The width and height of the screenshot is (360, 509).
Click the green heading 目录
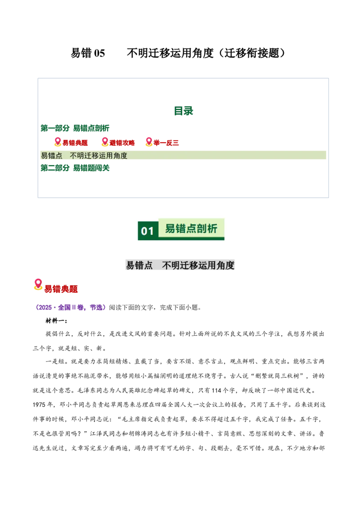pyautogui.click(x=183, y=111)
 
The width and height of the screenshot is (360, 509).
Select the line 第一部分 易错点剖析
pyautogui.click(x=75, y=128)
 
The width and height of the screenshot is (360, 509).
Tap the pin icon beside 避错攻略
pyautogui.click(x=104, y=142)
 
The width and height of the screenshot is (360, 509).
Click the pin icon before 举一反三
pyautogui.click(x=149, y=142)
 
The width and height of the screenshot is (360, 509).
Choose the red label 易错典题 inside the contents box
pyautogui.click(x=75, y=143)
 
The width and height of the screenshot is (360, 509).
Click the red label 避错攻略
pyautogui.click(x=122, y=143)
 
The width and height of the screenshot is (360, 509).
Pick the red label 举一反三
pyautogui.click(x=166, y=143)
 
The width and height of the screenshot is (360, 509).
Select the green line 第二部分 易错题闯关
pyautogui.click(x=75, y=168)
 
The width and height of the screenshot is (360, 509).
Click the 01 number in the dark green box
pyautogui.click(x=148, y=231)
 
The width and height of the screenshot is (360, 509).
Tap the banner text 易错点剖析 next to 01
pyautogui.click(x=191, y=228)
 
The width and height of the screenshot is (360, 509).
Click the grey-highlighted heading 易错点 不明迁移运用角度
pyautogui.click(x=180, y=265)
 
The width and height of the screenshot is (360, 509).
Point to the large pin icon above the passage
pyautogui.click(x=38, y=284)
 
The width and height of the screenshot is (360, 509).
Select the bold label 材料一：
pyautogui.click(x=56, y=321)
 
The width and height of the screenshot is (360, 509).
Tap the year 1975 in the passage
pyautogui.click(x=39, y=405)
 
